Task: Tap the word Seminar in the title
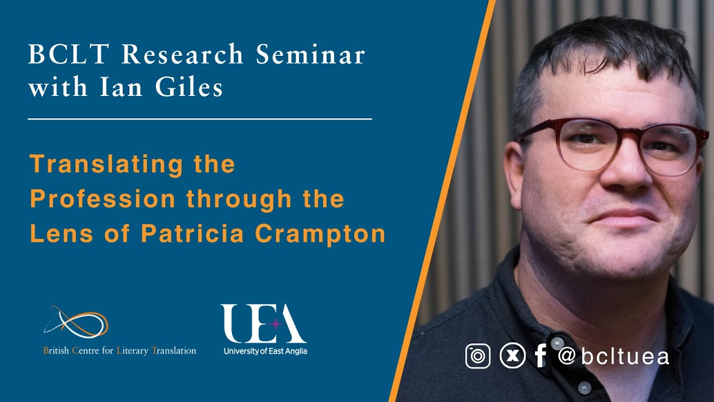pyautogui.click(x=311, y=55)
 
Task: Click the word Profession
pyautogui.click(x=104, y=199)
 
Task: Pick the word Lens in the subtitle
pyautogui.click(x=62, y=234)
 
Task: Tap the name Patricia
pyautogui.click(x=192, y=234)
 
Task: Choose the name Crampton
pyautogui.click(x=320, y=234)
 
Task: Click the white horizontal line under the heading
pyautogui.click(x=200, y=119)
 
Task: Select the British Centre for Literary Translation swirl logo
pyautogui.click(x=76, y=322)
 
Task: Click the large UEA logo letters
pyautogui.click(x=263, y=324)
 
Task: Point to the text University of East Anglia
pyautogui.click(x=265, y=351)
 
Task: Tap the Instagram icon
pyautogui.click(x=478, y=356)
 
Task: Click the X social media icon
pyautogui.click(x=512, y=356)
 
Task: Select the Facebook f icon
pyautogui.click(x=540, y=356)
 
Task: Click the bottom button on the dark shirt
pyautogui.click(x=583, y=387)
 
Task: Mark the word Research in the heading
pyautogui.click(x=183, y=55)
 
